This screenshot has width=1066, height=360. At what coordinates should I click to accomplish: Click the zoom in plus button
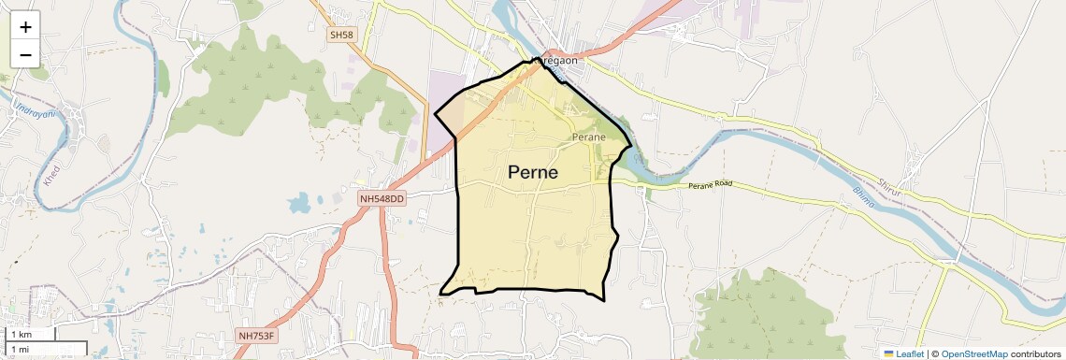point(25,28)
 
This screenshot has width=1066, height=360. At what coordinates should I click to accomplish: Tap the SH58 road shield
point(341,35)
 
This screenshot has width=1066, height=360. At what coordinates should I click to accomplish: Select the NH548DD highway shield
point(382,199)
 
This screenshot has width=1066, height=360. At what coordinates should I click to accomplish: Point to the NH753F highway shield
point(259,335)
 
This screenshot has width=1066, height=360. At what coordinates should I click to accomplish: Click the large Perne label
point(533,172)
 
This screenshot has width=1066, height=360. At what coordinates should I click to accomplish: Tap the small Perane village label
point(589,137)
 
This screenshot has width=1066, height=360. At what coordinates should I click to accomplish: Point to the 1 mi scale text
point(20,350)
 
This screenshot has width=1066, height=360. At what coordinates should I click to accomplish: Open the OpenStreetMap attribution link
point(973,353)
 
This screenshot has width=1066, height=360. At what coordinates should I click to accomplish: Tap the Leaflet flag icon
point(889,353)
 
